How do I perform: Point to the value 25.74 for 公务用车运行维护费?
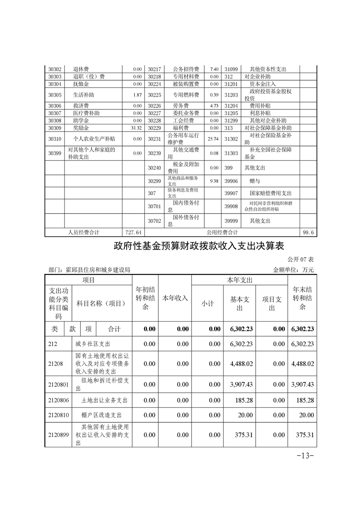[212, 139]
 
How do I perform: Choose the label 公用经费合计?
[222, 232]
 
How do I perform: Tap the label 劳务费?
[180, 106]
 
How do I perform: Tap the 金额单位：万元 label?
[293, 269]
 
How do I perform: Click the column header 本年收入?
[175, 298]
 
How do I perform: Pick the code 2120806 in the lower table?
[58, 401]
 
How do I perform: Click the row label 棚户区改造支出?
[102, 415]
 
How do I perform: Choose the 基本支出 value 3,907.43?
[240, 384]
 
